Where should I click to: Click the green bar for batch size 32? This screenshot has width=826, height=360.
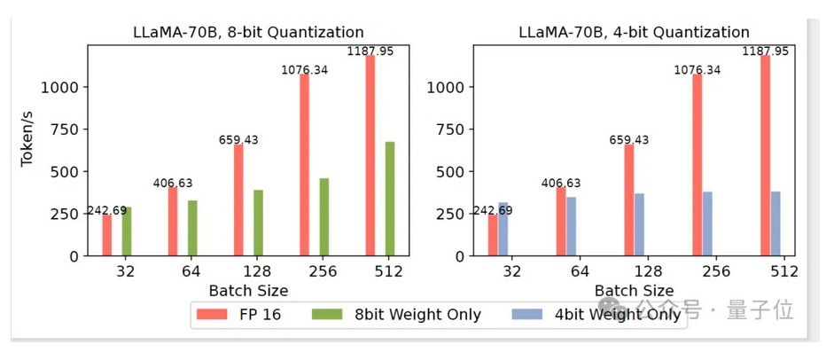point(127,231)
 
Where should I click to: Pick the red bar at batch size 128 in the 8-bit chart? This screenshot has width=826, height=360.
point(238,200)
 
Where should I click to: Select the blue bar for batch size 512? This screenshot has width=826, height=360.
point(775,223)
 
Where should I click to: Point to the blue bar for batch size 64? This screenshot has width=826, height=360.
point(572,226)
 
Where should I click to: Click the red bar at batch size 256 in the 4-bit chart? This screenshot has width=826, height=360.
point(697,164)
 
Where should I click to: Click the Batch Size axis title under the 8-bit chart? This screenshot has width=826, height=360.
point(248,290)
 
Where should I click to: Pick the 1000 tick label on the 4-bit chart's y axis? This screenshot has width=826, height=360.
point(447,87)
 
